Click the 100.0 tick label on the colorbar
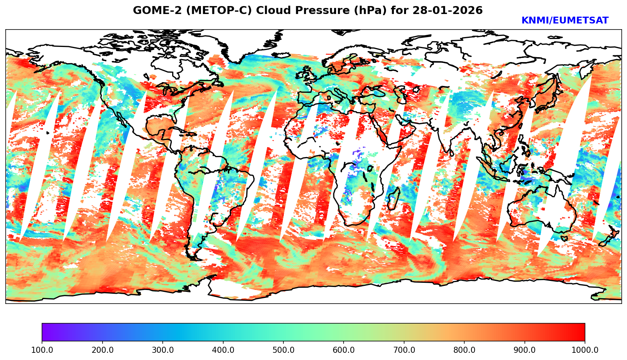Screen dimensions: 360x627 coord(42,350)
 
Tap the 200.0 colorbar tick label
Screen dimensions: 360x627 coord(102,350)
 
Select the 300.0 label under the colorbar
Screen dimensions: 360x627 coord(163,350)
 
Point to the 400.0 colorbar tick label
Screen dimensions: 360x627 coord(223,350)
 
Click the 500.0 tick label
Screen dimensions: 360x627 coord(283,350)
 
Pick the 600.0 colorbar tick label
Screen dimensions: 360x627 coord(344,350)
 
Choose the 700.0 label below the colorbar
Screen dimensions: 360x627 coord(404,350)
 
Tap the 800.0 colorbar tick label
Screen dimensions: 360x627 coord(464,350)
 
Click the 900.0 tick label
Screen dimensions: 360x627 coord(525,350)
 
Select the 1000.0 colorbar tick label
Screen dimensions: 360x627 coord(585,350)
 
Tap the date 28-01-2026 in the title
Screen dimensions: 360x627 coord(448,11)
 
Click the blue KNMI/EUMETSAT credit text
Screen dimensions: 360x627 coord(565,21)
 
